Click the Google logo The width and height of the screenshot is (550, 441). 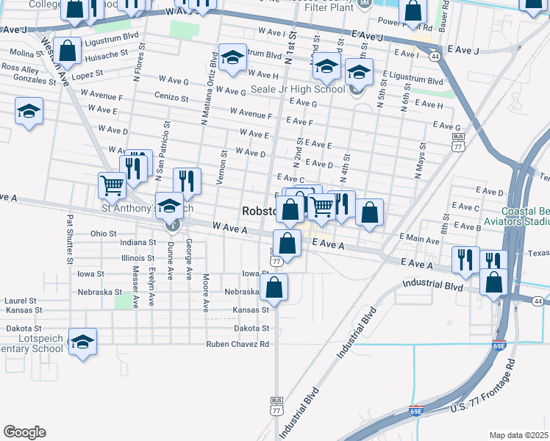point(24,432)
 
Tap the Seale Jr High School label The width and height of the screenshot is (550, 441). point(301,90)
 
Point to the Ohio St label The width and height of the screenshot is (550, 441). point(104,233)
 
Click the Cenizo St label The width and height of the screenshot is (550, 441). point(172,97)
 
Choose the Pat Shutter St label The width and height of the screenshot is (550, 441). point(70,239)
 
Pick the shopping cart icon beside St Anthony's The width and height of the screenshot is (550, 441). point(112,185)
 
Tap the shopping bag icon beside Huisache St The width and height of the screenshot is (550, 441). point(68,51)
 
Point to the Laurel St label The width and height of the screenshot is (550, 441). point(21,301)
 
